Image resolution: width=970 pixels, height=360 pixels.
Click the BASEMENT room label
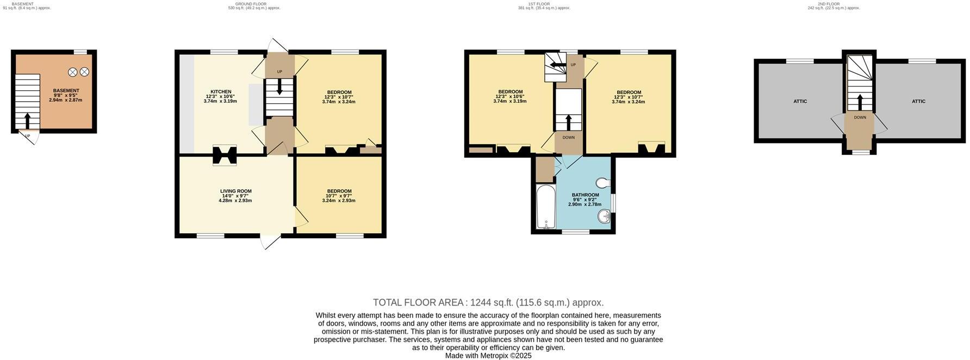click(66, 91)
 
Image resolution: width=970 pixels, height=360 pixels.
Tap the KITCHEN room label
click(221, 92)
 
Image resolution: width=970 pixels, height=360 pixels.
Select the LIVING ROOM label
click(235, 191)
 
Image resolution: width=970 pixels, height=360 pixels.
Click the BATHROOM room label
click(585, 195)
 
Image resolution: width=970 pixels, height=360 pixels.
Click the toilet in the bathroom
click(604, 182)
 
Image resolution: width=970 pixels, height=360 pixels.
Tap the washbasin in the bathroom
click(604, 217)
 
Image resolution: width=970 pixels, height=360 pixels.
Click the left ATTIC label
click(800, 102)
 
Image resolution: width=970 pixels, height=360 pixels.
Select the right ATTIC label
click(918, 102)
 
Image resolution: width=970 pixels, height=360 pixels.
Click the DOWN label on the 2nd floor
click(860, 117)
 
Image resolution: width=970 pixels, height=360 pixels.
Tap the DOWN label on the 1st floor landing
click(568, 138)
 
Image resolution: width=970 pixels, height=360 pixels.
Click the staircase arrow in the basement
click(28, 120)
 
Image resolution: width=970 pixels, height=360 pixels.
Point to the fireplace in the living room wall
click(225, 155)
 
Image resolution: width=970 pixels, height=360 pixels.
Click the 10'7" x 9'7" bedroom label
click(338, 191)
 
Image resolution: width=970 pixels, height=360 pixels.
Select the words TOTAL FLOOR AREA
click(418, 303)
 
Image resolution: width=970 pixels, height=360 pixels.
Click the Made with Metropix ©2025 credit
click(488, 356)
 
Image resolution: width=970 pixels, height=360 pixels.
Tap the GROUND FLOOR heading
click(239, 4)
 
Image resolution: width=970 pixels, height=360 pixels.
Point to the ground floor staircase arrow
click(279, 87)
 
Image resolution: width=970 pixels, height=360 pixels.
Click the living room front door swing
click(270, 242)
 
